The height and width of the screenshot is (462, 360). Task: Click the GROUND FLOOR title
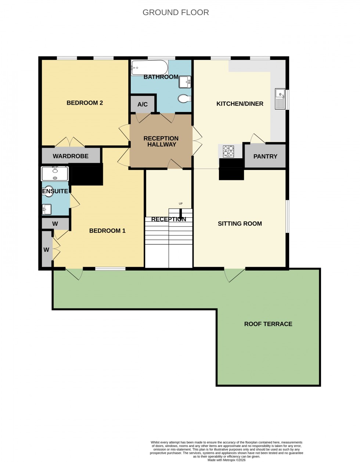point(176,12)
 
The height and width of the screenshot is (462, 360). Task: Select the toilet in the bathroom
point(183,98)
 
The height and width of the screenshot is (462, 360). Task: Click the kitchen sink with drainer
point(280,99)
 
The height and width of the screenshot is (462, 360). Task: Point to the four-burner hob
point(228,151)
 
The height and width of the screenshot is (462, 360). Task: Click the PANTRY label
point(265,156)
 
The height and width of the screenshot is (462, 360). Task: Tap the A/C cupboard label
point(143,105)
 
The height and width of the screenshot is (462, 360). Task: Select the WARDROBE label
point(71,156)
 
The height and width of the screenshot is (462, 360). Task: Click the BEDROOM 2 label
point(84,103)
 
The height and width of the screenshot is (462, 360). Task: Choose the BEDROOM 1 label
point(107,231)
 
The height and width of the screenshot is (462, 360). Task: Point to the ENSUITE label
point(55,191)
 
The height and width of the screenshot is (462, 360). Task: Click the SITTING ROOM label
point(240,224)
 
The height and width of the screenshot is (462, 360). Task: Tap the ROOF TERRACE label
point(268,324)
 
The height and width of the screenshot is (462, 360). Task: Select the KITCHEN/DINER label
point(240,104)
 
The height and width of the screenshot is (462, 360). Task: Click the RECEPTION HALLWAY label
point(161,141)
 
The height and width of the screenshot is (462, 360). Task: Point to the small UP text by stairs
point(180,204)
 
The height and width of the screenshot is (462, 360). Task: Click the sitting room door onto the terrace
point(234,275)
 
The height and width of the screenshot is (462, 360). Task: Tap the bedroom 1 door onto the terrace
point(75,274)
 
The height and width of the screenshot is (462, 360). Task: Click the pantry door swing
point(258,138)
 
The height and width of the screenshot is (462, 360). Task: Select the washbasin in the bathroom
point(185,82)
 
